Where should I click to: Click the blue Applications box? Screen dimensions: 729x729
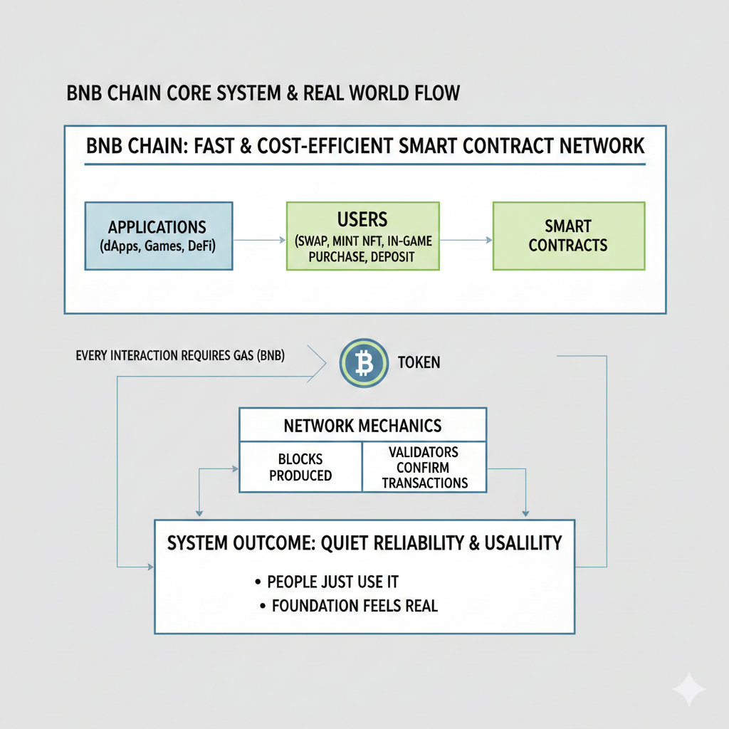pos(158,236)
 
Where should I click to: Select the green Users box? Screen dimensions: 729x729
pos(363,236)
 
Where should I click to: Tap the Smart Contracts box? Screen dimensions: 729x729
pos(568,236)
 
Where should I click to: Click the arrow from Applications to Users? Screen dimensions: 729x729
pos(259,241)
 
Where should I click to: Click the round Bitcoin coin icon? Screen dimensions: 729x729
pos(364,364)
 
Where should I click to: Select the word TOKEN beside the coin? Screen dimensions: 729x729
pos(419,362)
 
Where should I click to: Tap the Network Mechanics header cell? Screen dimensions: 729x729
pos(362,426)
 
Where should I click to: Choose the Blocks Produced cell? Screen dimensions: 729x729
pos(300,467)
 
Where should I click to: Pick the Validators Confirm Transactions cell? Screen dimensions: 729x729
pos(424,467)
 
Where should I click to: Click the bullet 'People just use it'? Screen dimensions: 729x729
pos(332,582)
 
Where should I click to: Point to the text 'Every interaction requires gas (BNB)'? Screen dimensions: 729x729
pos(179,355)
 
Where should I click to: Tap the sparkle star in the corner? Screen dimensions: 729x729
pos(688,688)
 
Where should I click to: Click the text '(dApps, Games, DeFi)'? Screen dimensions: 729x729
pos(157,246)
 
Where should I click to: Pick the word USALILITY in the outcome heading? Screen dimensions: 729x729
pos(523,543)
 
